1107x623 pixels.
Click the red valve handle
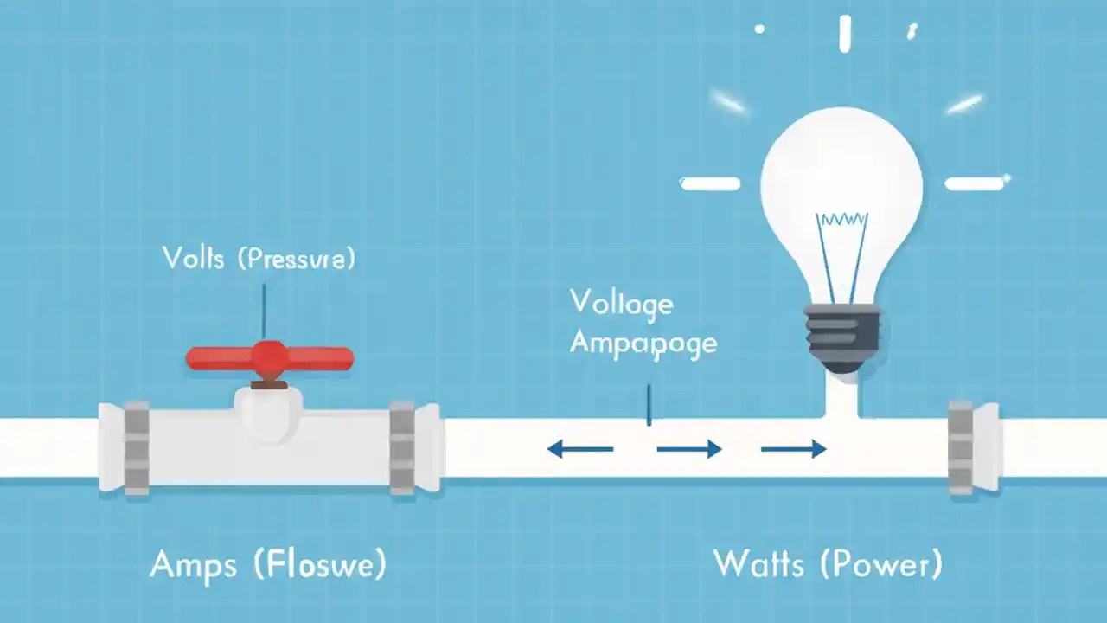(270, 357)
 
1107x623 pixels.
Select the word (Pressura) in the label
(296, 259)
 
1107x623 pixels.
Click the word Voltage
(621, 304)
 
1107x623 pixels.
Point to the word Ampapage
(643, 344)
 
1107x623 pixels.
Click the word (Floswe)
(320, 565)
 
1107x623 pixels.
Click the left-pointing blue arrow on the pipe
(579, 448)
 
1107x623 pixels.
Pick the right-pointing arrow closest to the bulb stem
(793, 448)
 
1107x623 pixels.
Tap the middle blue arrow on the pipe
(689, 448)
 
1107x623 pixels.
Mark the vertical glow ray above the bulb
(845, 34)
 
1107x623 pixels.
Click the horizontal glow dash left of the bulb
(710, 183)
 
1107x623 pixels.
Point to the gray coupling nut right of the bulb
(961, 447)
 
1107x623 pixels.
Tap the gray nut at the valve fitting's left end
(137, 447)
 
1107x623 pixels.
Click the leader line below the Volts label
(264, 307)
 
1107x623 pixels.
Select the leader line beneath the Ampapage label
(649, 405)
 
